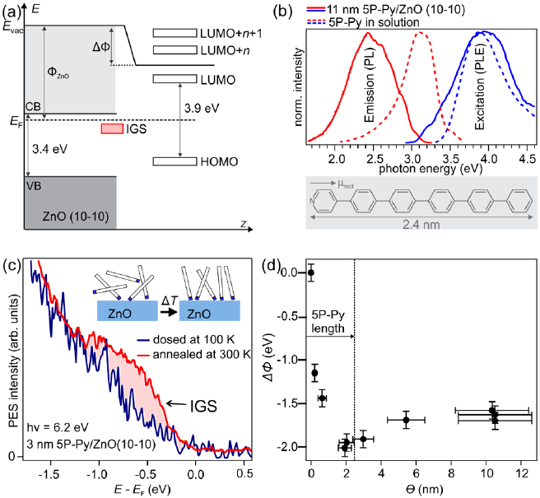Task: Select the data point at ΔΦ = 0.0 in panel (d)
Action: [x=310, y=272]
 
